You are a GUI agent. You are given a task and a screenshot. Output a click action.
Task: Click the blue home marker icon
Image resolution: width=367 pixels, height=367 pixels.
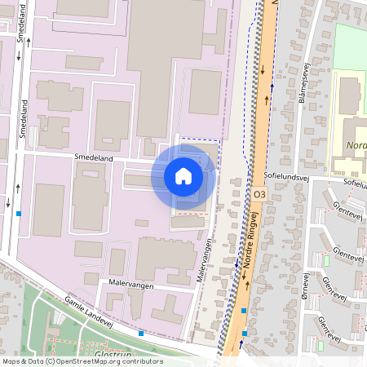[183, 175]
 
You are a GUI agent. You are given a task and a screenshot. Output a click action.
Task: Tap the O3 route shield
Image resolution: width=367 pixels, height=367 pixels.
[259, 195]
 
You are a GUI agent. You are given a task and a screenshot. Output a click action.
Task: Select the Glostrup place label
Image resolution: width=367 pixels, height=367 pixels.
[113, 356]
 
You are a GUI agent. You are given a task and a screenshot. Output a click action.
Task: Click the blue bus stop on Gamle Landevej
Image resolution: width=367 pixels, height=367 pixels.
[141, 333]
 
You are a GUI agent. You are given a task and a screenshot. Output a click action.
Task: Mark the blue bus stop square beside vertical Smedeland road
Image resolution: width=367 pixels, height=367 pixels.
[18, 214]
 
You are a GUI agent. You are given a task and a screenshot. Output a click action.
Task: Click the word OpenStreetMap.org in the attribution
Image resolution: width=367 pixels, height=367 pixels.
[96, 361]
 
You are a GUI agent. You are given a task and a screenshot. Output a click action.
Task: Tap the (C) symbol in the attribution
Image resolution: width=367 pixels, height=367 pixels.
[50, 361]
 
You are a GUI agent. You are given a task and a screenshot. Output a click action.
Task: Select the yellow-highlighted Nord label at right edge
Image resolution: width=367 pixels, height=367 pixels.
[356, 147]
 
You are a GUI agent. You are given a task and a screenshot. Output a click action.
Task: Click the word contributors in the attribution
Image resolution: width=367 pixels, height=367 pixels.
[144, 361]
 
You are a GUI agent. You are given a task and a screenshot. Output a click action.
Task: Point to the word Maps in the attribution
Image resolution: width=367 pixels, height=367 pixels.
[12, 361]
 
